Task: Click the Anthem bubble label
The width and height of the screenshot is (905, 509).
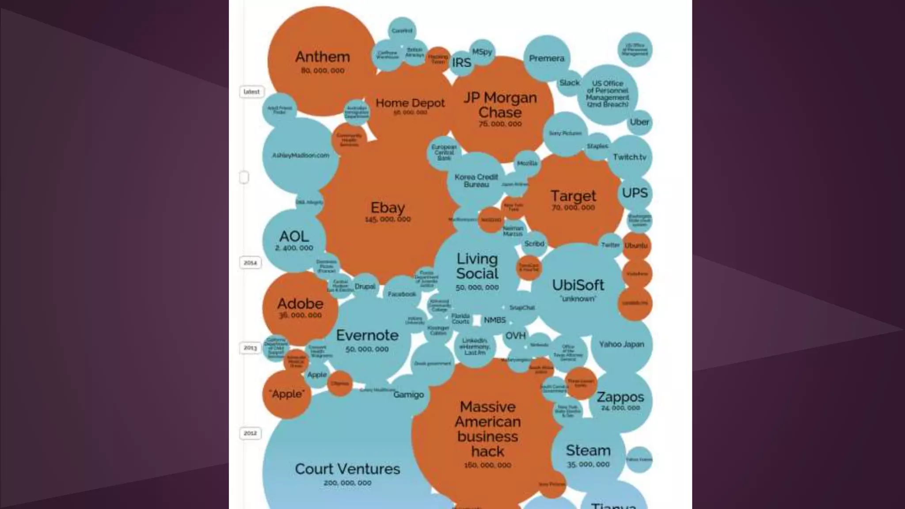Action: (x=322, y=57)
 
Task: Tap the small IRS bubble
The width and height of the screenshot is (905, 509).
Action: (x=461, y=63)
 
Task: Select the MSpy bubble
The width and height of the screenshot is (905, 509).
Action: (x=482, y=52)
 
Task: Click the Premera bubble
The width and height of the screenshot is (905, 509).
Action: (x=547, y=58)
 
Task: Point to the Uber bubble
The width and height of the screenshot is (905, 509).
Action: (x=639, y=122)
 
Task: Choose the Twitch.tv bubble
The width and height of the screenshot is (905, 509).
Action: (x=629, y=157)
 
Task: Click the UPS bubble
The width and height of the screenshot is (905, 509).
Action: (x=635, y=193)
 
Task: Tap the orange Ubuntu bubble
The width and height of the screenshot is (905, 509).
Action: (x=636, y=246)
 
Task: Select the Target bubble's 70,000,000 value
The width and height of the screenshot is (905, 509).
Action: (x=573, y=208)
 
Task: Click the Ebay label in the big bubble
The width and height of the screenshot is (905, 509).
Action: (x=388, y=208)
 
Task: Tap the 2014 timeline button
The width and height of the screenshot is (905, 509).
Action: (x=250, y=263)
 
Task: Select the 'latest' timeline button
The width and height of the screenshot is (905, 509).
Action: (x=251, y=92)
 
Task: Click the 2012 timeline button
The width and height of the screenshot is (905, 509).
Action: (x=250, y=433)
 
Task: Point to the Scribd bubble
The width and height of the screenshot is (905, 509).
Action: (x=534, y=244)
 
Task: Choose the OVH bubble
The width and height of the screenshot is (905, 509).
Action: (x=515, y=336)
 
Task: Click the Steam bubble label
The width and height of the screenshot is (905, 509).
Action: (x=588, y=451)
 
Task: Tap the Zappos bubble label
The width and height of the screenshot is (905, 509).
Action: (x=620, y=397)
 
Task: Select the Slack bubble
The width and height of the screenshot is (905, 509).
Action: (x=569, y=83)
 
